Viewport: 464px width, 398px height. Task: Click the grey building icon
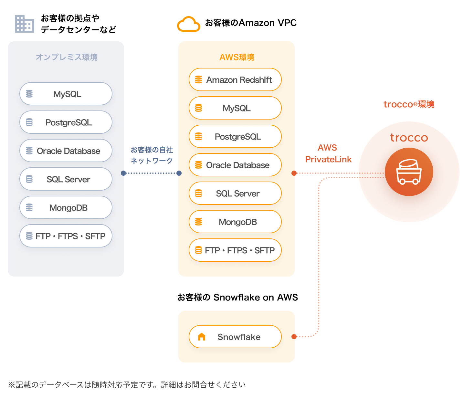[25, 24]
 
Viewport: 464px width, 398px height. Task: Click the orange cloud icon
[188, 24]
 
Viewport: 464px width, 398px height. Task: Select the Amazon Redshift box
[235, 79]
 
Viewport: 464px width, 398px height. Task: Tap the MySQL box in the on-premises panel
[66, 94]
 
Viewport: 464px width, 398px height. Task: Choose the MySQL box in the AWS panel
[235, 108]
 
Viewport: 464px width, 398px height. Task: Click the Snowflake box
[235, 337]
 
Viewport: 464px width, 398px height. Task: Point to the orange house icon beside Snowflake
[201, 337]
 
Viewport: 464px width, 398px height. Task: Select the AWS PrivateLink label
[328, 153]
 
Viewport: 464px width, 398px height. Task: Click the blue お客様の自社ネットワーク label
[152, 155]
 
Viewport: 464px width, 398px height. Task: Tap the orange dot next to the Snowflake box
[294, 337]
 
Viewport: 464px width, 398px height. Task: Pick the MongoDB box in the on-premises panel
[66, 207]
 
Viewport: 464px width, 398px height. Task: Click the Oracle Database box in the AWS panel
[235, 165]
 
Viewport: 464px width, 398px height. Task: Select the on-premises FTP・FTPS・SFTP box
[66, 236]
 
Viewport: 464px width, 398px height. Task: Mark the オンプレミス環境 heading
[67, 57]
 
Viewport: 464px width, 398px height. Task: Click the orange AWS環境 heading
[237, 57]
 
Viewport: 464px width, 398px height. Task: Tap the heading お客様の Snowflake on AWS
[237, 297]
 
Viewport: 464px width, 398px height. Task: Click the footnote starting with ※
[127, 385]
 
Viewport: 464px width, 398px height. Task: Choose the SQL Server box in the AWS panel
[235, 193]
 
